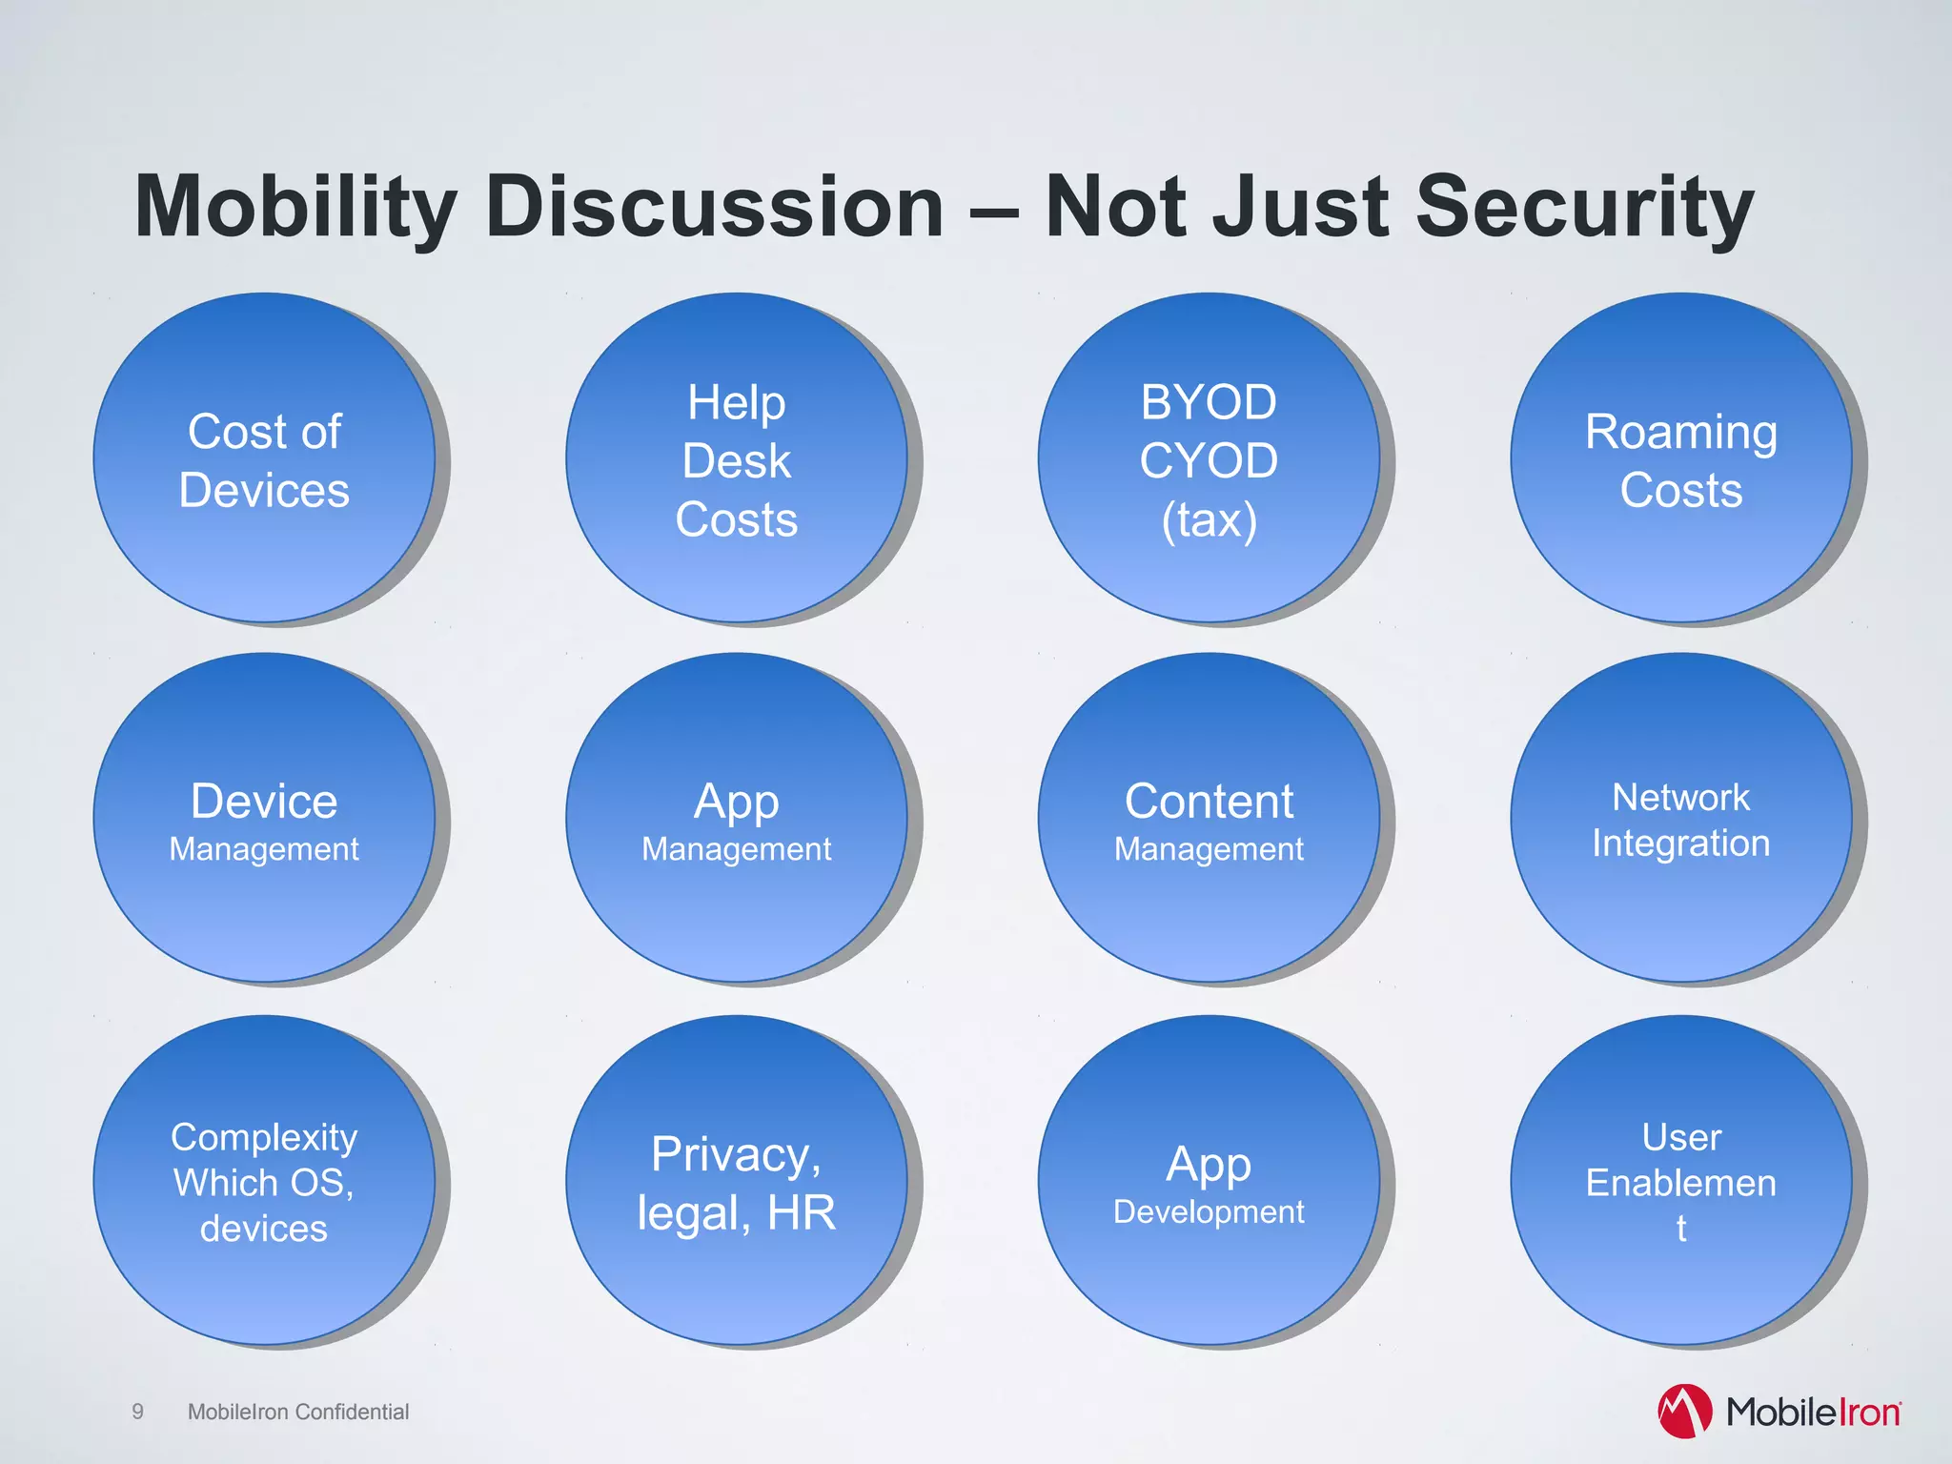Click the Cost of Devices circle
[264, 459]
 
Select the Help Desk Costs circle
[737, 459]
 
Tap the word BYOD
[1209, 402]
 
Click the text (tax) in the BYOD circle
[1209, 520]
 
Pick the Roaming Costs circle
[1680, 459]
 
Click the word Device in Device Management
[264, 801]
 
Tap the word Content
[1209, 801]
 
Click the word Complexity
[264, 1137]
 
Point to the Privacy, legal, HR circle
[737, 1182]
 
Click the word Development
[1209, 1212]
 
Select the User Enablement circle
[1680, 1182]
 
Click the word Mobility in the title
[295, 208]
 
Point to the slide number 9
[138, 1412]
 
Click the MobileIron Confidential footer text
[298, 1412]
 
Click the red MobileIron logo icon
[1684, 1412]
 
